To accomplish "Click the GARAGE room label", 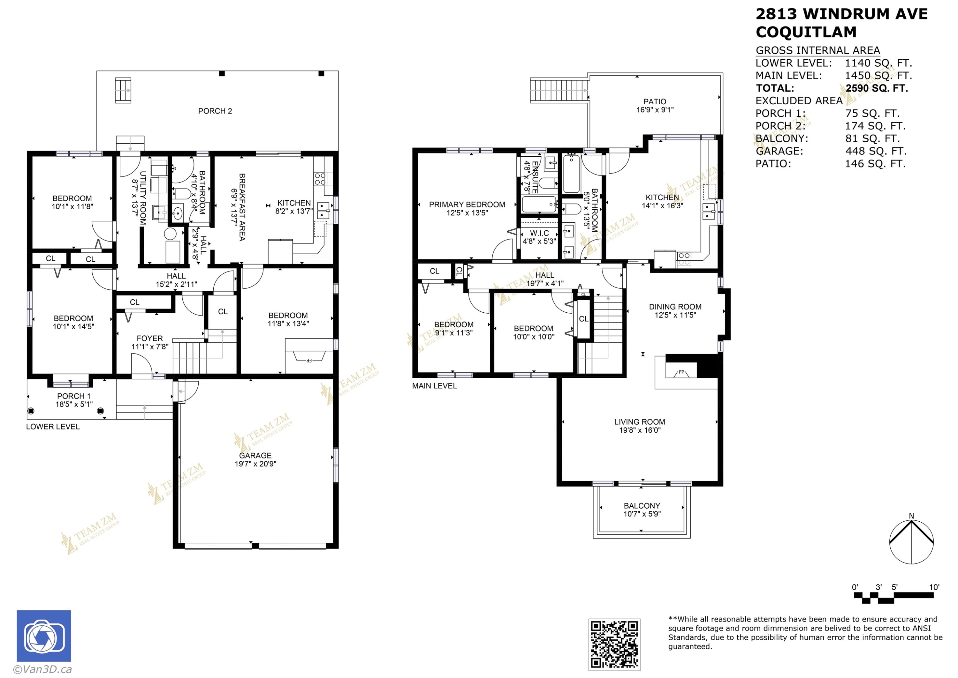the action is [x=255, y=456].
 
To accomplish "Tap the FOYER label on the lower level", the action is [x=149, y=339].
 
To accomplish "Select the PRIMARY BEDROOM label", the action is [x=467, y=205].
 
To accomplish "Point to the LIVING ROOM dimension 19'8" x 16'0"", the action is [x=640, y=430].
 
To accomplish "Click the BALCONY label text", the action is [x=642, y=506].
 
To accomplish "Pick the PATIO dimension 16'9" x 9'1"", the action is [x=655, y=110].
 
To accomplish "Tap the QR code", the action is [x=614, y=644].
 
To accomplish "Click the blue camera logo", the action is [x=44, y=636].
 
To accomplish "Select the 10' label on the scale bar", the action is [x=934, y=587].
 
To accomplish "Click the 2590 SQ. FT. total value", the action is [x=877, y=88].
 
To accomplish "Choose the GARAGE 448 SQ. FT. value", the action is [x=875, y=151].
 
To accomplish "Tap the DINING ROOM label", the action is [x=675, y=307].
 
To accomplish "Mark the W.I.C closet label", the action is [x=539, y=233].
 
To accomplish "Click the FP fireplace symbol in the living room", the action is [x=681, y=372].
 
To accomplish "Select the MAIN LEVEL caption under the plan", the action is [x=435, y=386].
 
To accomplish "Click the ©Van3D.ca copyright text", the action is [x=42, y=670].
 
